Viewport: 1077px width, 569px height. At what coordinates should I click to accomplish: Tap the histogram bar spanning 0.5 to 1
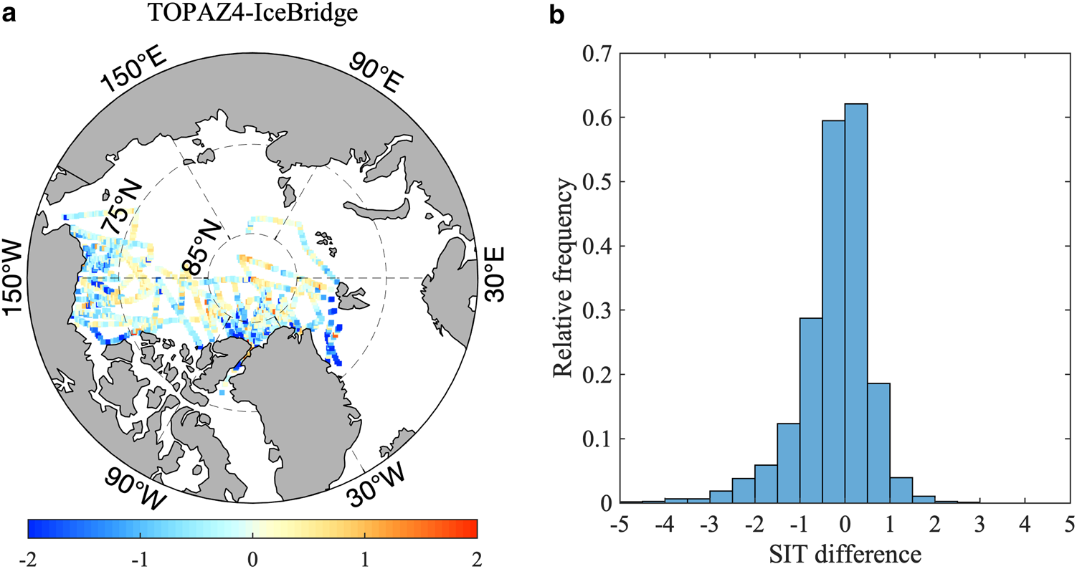pyautogui.click(x=878, y=442)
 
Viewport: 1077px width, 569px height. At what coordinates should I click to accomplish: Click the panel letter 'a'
pyautogui.click(x=9, y=14)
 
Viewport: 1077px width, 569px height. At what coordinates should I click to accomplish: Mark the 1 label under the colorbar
pyautogui.click(x=364, y=557)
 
